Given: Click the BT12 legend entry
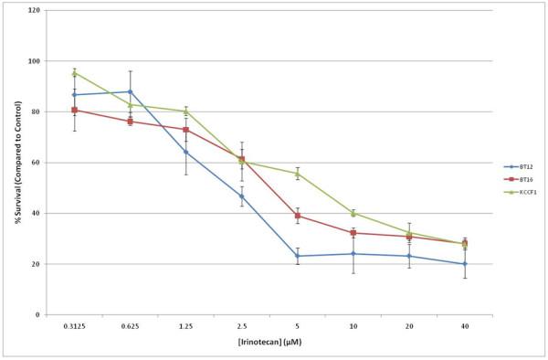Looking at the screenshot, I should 518,166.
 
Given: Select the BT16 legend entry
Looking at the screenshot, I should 518,179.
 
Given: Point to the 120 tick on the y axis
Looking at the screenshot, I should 34,11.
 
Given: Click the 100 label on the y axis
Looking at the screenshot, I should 34,61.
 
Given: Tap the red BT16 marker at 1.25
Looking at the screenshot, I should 185,130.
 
